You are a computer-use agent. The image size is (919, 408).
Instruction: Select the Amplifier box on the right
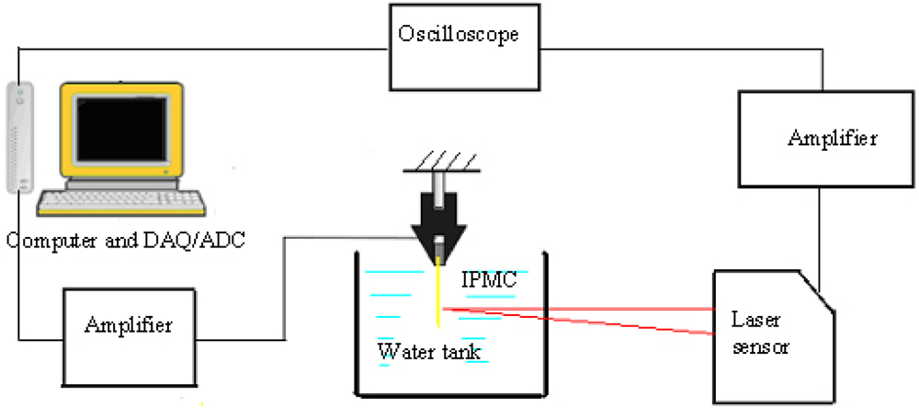coord(831,138)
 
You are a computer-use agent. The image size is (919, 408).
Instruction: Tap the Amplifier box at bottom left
coord(129,325)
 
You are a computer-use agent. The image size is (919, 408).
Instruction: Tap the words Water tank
coord(430,351)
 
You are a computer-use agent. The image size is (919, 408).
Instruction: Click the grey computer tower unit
coord(18,138)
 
